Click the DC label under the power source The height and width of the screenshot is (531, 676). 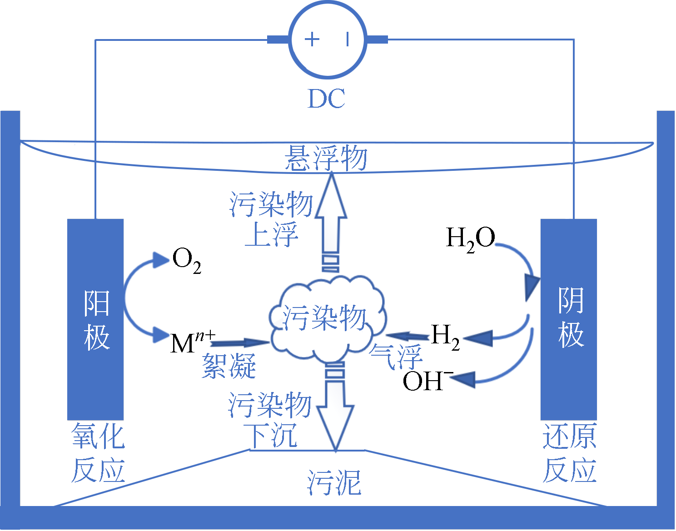pyautogui.click(x=327, y=99)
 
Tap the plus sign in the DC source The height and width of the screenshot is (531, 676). pyautogui.click(x=312, y=39)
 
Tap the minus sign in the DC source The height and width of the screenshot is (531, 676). pyautogui.click(x=348, y=39)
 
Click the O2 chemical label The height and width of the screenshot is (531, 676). pyautogui.click(x=186, y=261)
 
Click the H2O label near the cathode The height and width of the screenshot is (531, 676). pyautogui.click(x=471, y=239)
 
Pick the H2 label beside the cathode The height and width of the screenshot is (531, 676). pyautogui.click(x=445, y=337)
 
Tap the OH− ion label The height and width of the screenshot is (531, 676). pyautogui.click(x=427, y=381)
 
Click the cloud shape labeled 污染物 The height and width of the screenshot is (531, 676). pyautogui.click(x=325, y=318)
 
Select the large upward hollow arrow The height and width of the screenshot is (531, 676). pyautogui.click(x=331, y=218)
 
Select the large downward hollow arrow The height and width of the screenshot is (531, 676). pyautogui.click(x=335, y=409)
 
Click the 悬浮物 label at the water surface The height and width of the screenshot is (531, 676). pyautogui.click(x=326, y=159)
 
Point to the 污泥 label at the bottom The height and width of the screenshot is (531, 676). pyautogui.click(x=334, y=482)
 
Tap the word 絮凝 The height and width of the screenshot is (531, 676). pyautogui.click(x=229, y=366)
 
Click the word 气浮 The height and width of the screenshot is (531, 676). pyautogui.click(x=396, y=356)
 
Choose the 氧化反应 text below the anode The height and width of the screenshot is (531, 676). pyautogui.click(x=98, y=453)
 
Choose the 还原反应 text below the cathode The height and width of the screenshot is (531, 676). pyautogui.click(x=569, y=453)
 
